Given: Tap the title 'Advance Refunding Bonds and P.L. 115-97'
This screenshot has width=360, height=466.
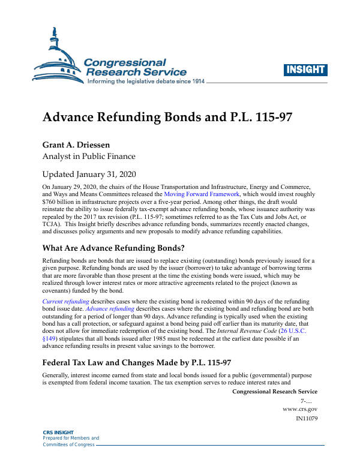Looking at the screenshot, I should point(167,116).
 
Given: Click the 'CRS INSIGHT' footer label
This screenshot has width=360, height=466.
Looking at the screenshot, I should point(58,432).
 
